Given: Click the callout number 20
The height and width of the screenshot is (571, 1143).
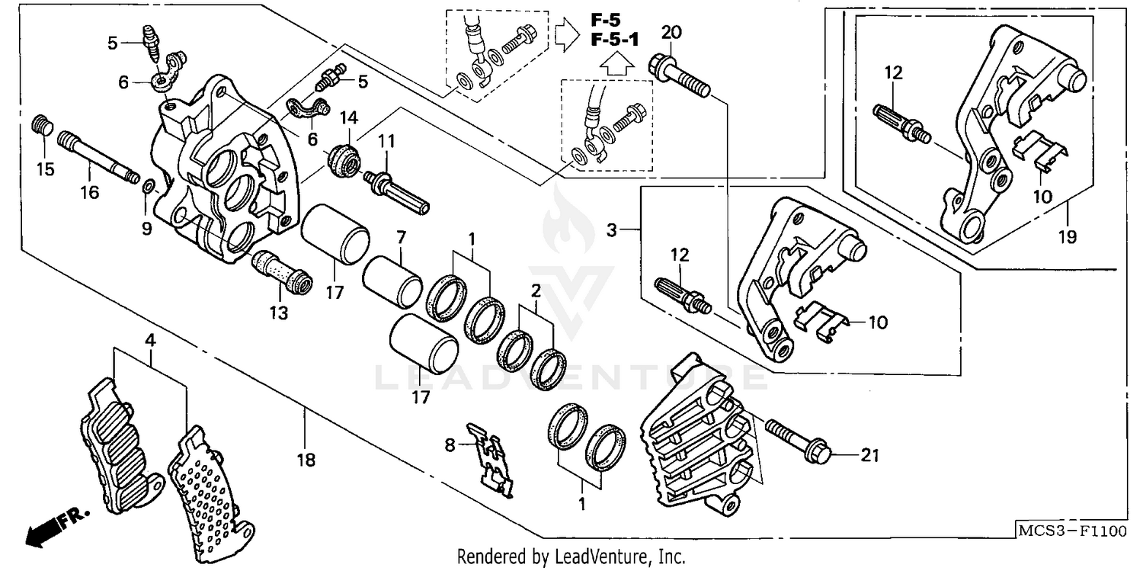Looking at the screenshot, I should [671, 32].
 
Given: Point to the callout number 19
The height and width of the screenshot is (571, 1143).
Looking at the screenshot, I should [1067, 237].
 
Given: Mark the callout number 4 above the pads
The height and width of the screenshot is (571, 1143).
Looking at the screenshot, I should [150, 339].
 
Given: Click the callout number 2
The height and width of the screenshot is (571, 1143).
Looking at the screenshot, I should [536, 290].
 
